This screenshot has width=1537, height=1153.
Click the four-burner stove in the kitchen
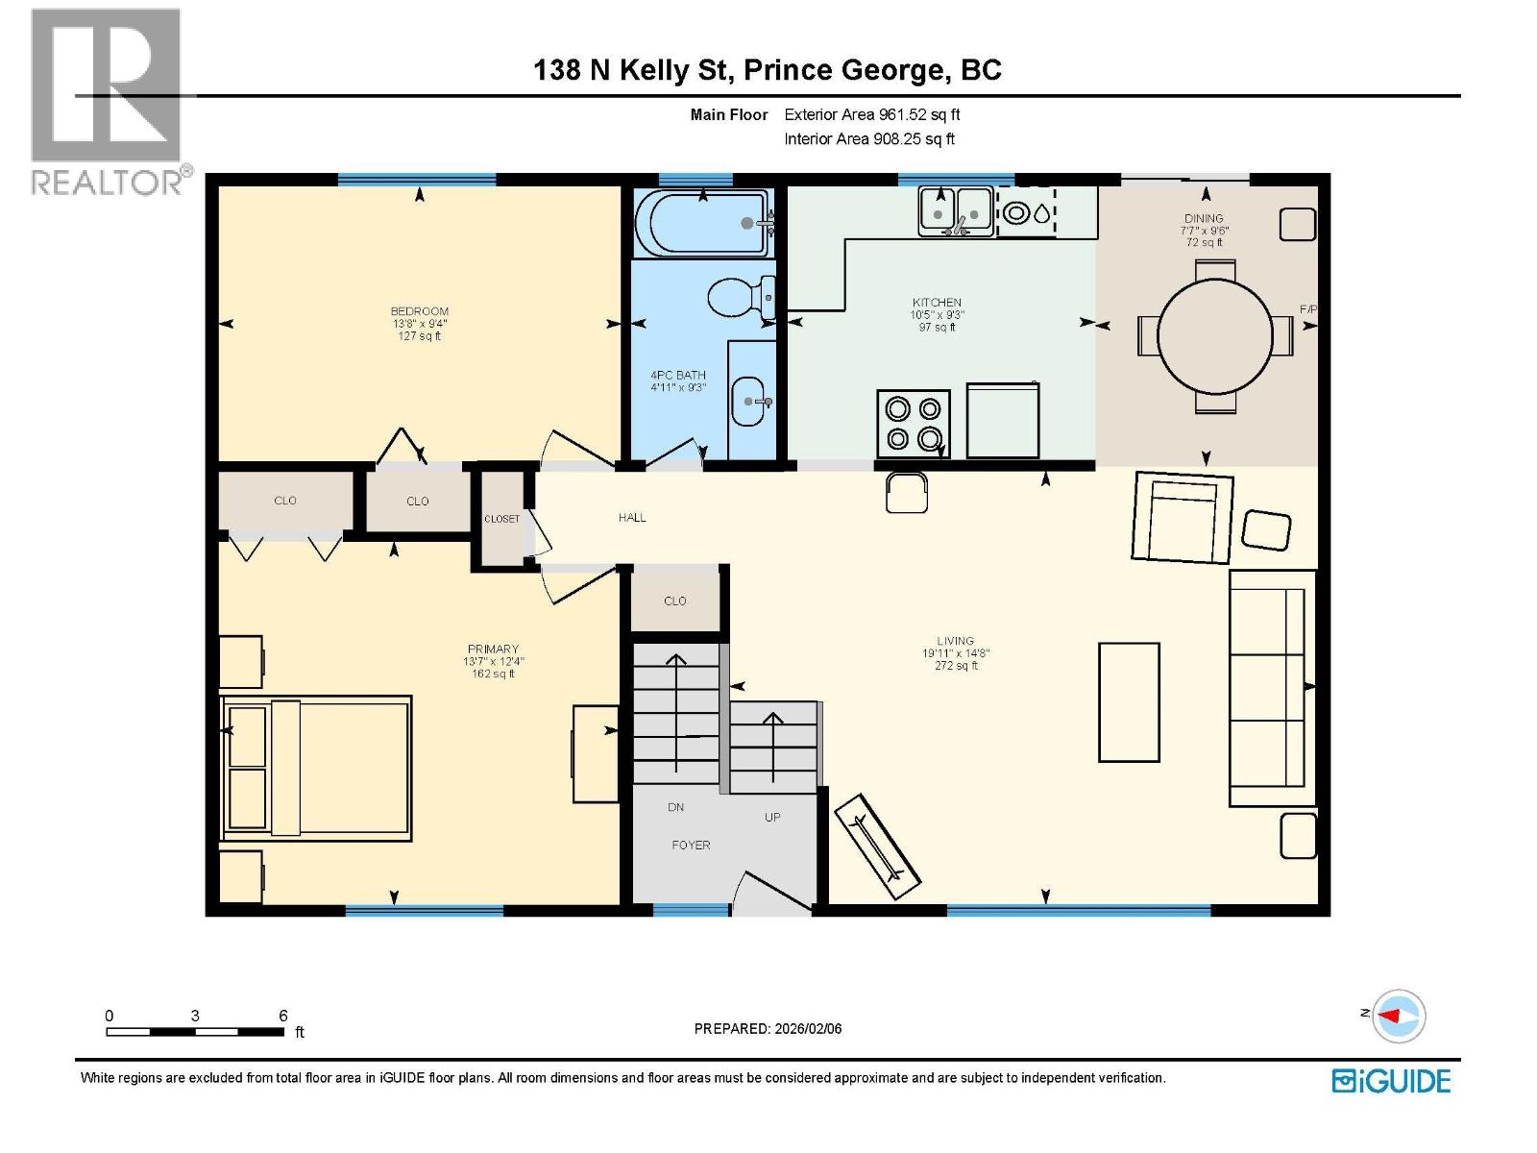(x=913, y=424)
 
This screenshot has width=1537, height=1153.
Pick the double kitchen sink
(x=956, y=209)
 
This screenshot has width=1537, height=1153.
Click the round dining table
(x=1214, y=336)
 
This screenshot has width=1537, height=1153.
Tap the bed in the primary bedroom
(x=317, y=768)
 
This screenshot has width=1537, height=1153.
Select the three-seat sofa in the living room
(x=1272, y=688)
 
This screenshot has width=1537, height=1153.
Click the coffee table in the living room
(x=1129, y=701)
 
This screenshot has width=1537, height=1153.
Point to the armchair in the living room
(x=1183, y=517)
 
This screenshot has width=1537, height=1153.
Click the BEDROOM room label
(x=419, y=311)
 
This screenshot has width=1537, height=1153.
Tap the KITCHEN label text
(x=937, y=303)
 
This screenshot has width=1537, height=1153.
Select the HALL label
(x=632, y=518)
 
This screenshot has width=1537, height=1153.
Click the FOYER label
(x=691, y=846)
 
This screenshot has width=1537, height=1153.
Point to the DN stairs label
(x=676, y=807)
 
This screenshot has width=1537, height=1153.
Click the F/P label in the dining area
(x=1307, y=309)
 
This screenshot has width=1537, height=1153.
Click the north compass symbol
(x=1398, y=1016)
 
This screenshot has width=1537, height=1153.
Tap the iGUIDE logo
(x=1391, y=1081)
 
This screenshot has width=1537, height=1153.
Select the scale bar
(x=195, y=1033)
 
